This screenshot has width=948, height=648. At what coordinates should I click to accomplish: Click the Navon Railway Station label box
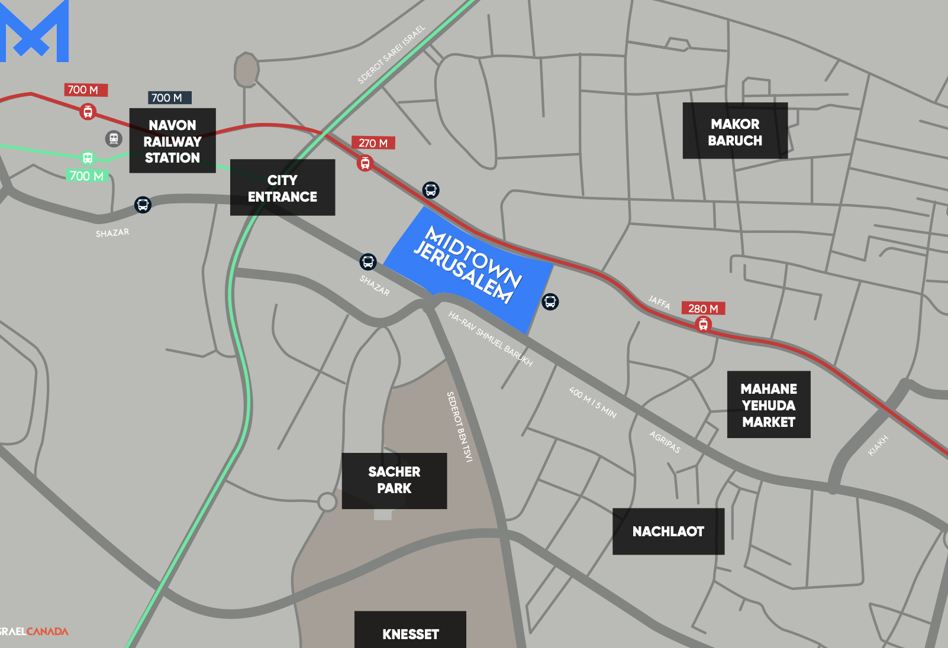(x=172, y=141)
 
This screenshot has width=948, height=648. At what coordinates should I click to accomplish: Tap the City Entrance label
(x=282, y=187)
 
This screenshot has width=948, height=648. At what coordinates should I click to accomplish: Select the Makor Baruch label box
(x=735, y=131)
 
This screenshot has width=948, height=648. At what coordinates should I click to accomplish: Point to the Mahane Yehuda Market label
(x=768, y=405)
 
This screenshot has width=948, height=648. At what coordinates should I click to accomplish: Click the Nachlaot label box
(x=668, y=532)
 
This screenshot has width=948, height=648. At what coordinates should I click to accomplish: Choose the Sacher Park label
(x=394, y=481)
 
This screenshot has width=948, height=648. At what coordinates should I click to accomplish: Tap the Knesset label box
(x=410, y=631)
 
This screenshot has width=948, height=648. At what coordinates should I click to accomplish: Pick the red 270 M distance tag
(x=373, y=143)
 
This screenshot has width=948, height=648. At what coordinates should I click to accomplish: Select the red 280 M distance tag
(x=703, y=309)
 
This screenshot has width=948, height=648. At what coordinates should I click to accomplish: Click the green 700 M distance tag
(x=86, y=176)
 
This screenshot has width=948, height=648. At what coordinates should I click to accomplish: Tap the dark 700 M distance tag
(x=169, y=98)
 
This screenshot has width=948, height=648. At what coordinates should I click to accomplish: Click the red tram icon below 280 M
(x=703, y=324)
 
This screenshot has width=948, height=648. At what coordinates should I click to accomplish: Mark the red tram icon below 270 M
(x=365, y=163)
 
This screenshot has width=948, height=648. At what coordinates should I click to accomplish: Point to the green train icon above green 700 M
(x=88, y=158)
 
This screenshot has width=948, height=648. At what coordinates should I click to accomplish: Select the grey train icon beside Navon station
(x=114, y=139)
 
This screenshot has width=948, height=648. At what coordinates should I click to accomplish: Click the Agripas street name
(x=665, y=442)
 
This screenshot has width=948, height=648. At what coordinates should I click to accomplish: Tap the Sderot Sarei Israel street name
(x=391, y=54)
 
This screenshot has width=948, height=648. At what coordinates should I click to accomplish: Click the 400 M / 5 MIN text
(x=592, y=403)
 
